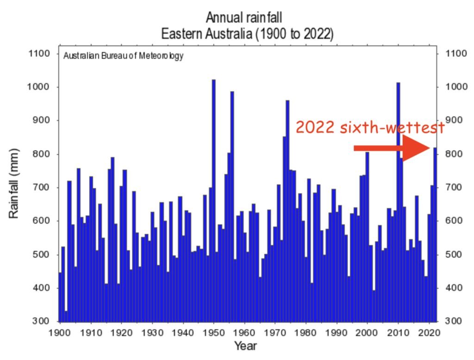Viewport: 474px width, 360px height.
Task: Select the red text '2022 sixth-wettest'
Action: pos(370,127)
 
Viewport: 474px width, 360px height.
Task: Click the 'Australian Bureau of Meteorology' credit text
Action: pos(123,57)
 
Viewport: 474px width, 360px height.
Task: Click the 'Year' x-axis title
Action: pos(245,346)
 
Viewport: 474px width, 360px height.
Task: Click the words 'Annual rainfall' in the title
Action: pos(243,19)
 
